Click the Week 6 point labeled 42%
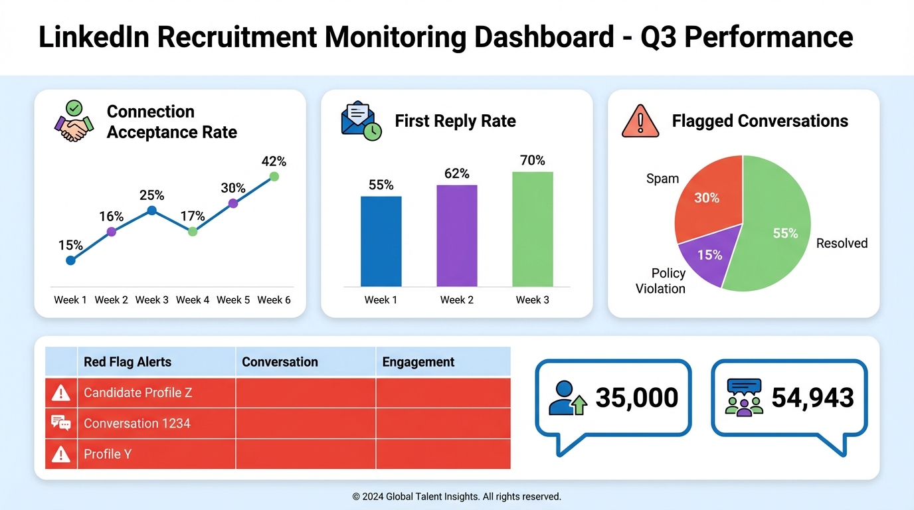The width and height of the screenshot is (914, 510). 274,177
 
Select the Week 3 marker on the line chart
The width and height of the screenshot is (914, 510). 151,211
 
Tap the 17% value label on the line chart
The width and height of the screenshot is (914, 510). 192,216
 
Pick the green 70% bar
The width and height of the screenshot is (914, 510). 532,229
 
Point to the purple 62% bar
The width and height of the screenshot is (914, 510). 456,236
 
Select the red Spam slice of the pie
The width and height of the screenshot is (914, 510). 707,196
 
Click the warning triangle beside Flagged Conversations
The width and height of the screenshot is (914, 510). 640,122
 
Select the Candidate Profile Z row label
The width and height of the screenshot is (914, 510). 137,392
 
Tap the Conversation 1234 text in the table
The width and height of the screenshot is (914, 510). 137,423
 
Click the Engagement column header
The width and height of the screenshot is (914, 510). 418,362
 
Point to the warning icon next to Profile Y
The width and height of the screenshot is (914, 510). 61,454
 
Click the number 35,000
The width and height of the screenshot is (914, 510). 636,397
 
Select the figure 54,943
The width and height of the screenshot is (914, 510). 812,397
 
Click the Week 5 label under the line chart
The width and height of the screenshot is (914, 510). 233,300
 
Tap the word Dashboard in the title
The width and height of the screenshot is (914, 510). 543,37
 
